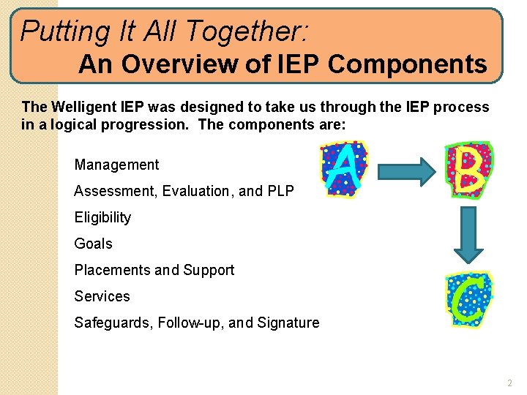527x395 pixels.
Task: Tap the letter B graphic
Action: coord(468,170)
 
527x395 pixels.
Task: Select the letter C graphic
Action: coord(468,300)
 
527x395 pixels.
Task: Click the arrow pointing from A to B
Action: coord(406,171)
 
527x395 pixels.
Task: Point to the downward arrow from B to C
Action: coord(468,234)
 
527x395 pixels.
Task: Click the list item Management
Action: coord(116,165)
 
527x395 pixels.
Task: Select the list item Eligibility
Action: coord(102,217)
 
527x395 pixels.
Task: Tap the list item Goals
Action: coord(93,244)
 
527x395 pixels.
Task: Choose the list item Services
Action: coord(102,296)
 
